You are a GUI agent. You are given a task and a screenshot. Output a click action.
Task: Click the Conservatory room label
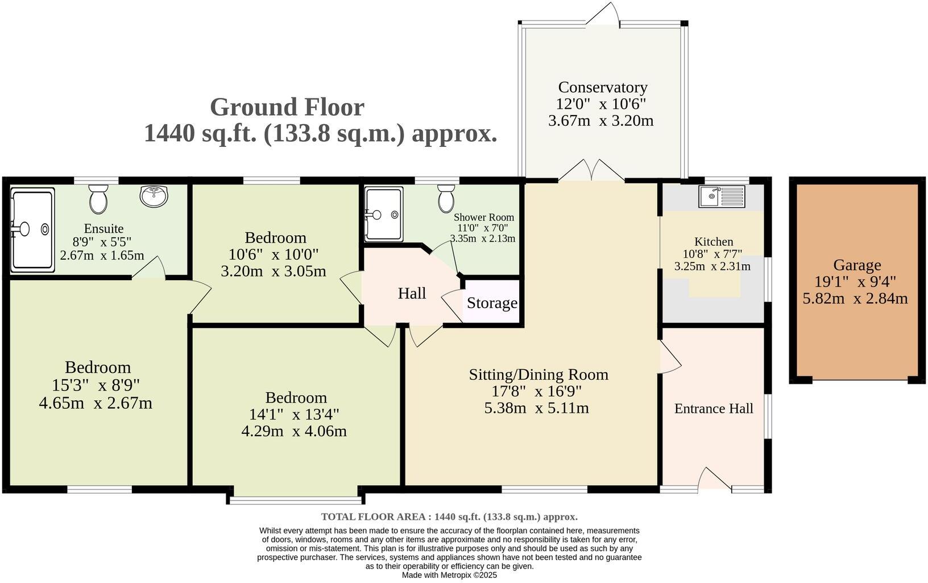[x=602, y=87]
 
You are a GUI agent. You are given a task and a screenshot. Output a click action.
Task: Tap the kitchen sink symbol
[x=722, y=197]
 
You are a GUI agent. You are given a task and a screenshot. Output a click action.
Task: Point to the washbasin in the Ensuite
[x=154, y=196]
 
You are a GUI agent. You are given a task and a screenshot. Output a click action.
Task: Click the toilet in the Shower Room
[x=446, y=198]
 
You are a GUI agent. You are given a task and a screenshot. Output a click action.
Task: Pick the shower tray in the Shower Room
[x=383, y=214]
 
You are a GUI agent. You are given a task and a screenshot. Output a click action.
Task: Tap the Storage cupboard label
[x=492, y=303]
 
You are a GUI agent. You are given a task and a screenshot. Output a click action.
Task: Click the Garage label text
[x=856, y=265]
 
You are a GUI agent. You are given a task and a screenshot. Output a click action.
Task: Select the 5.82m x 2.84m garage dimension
[x=855, y=298]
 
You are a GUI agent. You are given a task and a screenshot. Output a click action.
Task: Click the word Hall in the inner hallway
[x=412, y=293]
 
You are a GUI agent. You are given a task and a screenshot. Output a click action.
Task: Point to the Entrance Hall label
[x=714, y=408]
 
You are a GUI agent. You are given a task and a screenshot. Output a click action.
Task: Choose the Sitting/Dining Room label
[x=538, y=374]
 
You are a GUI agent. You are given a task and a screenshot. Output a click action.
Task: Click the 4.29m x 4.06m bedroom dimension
[x=293, y=430]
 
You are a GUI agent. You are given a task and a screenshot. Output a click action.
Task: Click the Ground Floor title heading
[x=287, y=107]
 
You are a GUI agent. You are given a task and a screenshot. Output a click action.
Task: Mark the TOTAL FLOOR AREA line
[x=449, y=517]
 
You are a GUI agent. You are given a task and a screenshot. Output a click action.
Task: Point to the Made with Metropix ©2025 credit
[x=449, y=575]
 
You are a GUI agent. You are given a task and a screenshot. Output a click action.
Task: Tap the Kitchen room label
[x=713, y=241]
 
